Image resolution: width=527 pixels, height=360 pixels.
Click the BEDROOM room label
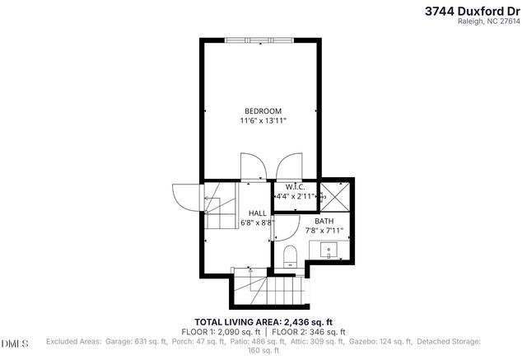pos(263,111)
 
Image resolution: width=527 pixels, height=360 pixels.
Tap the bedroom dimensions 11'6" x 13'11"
pos(263,122)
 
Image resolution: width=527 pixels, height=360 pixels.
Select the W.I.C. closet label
pos(296,186)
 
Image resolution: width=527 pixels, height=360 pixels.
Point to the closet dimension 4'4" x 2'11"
pos(296,197)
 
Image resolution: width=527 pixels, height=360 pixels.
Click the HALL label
pos(258,213)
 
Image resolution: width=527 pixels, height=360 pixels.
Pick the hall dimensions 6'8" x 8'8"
pos(258,222)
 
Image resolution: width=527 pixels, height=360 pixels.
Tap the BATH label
pos(324,221)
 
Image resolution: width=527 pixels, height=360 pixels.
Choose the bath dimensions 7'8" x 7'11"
pos(324,231)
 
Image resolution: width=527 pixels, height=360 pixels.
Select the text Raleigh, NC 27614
pos(492,22)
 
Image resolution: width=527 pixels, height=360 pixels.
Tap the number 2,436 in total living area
pos(299,321)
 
